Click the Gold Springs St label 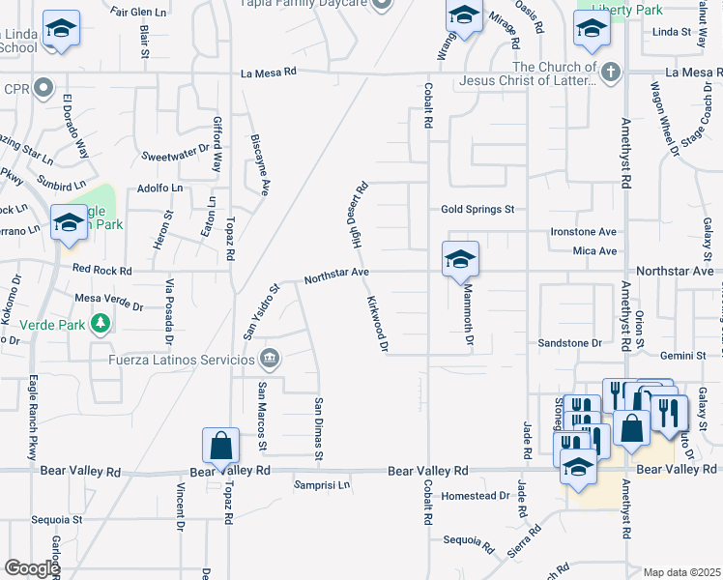[477, 209]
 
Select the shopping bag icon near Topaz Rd [220, 447]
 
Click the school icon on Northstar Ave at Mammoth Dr [461, 259]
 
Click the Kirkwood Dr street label [377, 325]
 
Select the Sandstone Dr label [569, 343]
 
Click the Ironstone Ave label [583, 232]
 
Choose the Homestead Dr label [475, 495]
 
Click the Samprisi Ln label [322, 484]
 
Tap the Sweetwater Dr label [175, 156]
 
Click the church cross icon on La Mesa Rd [610, 72]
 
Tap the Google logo [32, 568]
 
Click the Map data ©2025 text [681, 572]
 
